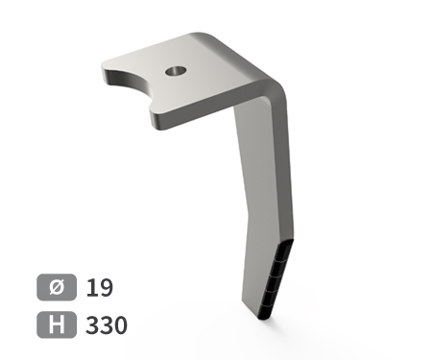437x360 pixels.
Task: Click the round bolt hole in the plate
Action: coord(176,71)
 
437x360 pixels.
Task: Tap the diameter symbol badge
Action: coord(57,287)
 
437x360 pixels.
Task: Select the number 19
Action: coord(100,287)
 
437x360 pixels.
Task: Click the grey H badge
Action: coord(57,324)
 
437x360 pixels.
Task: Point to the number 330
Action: coord(107,325)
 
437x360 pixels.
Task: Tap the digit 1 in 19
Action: coord(91,287)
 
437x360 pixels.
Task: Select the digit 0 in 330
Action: coord(121,325)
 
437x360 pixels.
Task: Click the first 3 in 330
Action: coord(92,325)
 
